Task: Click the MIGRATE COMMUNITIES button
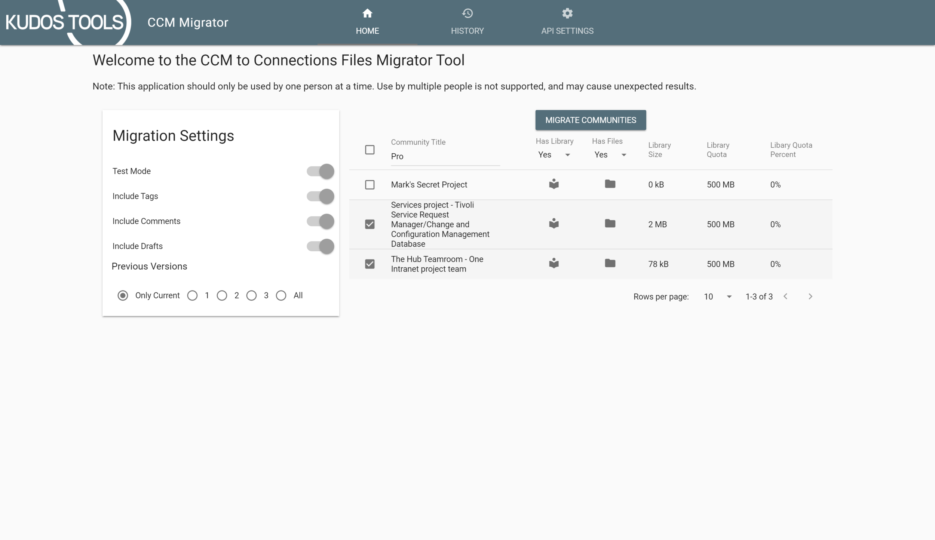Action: tap(590, 120)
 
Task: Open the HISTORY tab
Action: tap(467, 22)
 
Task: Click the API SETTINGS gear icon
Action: tap(567, 14)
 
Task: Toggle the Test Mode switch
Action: tap(321, 171)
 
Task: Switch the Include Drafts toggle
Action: tap(321, 246)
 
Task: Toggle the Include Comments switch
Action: tap(321, 221)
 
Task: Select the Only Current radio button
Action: tap(123, 295)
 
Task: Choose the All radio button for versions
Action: tap(281, 295)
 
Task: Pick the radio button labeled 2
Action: tap(222, 295)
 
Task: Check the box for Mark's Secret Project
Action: tap(370, 185)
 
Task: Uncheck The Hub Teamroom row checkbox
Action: tap(370, 264)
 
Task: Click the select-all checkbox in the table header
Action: tap(370, 150)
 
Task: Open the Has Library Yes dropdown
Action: tap(554, 155)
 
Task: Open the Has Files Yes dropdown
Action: tap(610, 155)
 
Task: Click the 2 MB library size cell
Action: tap(657, 224)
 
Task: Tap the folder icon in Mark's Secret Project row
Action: tap(610, 184)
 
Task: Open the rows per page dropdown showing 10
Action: tap(717, 297)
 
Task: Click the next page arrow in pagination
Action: tap(810, 297)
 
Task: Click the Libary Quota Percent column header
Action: tap(791, 150)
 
